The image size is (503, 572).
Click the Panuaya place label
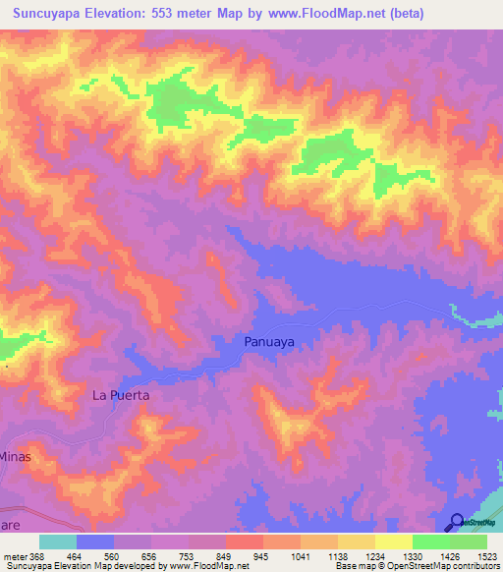coord(268,342)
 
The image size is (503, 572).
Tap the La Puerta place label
coord(120,395)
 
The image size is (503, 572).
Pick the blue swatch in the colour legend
coord(94,542)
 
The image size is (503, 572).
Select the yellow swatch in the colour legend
coord(393,542)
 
